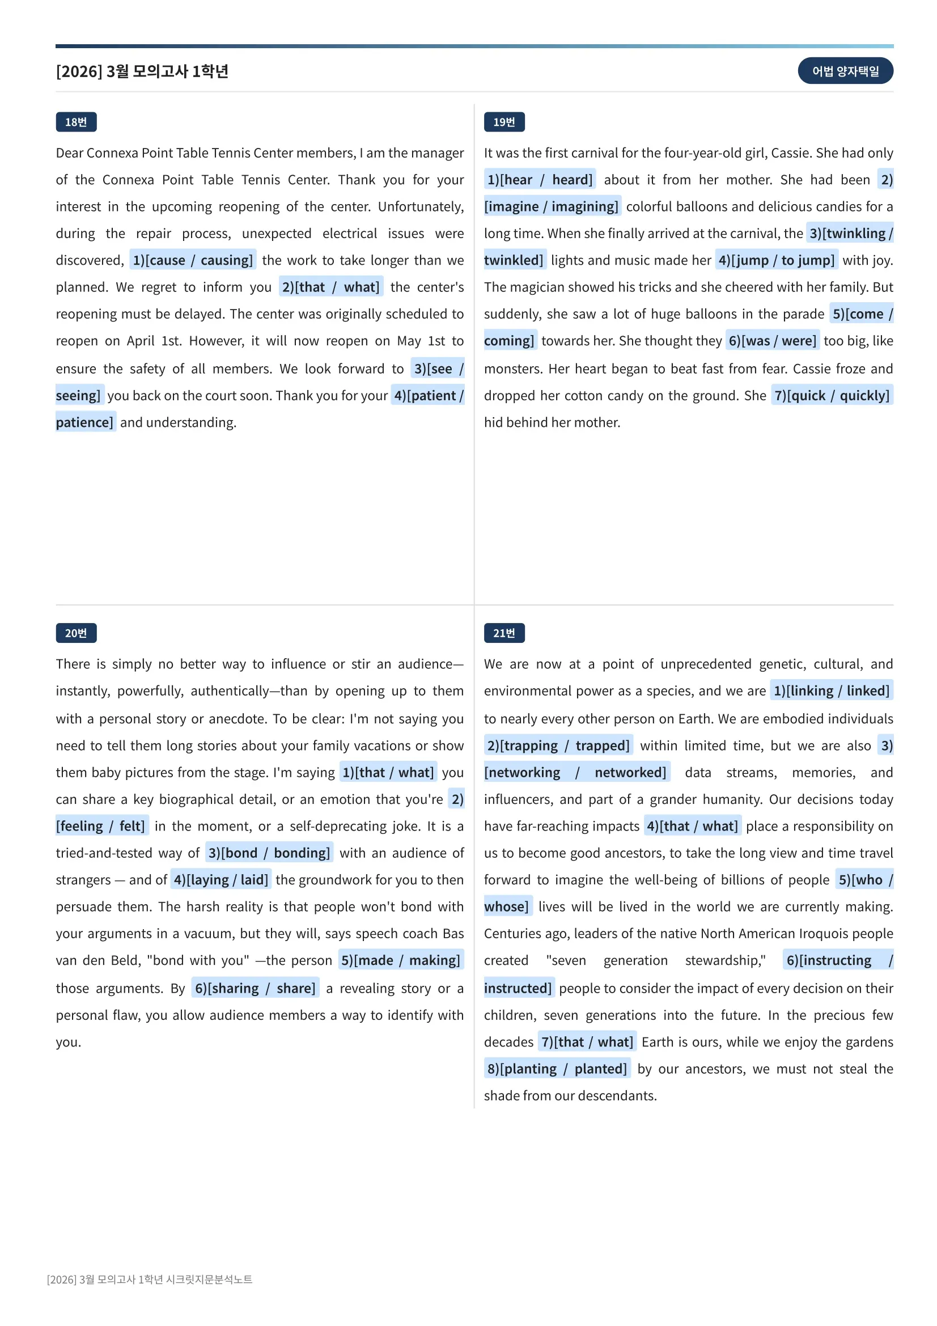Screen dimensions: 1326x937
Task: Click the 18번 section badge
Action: pyautogui.click(x=75, y=122)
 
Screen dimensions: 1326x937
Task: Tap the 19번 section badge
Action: pyautogui.click(x=503, y=122)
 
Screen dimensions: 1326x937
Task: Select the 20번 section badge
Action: pyautogui.click(x=75, y=633)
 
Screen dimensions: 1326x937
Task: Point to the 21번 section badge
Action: pyautogui.click(x=503, y=633)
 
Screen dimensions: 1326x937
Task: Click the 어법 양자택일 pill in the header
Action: pyautogui.click(x=845, y=71)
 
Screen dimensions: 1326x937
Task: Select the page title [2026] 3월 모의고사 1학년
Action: pyautogui.click(x=142, y=71)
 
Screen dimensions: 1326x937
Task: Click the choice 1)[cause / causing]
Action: pyautogui.click(x=193, y=260)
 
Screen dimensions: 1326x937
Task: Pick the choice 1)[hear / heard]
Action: pyautogui.click(x=539, y=180)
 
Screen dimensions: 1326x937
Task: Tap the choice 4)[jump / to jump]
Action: pyautogui.click(x=776, y=260)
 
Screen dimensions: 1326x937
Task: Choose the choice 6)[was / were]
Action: pyautogui.click(x=772, y=341)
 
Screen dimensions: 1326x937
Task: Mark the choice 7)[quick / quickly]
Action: pyautogui.click(x=832, y=396)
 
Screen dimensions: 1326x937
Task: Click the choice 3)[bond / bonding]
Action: pyautogui.click(x=269, y=853)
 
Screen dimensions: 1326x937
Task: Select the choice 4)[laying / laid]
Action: pyautogui.click(x=221, y=880)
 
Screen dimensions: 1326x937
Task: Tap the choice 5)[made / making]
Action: pyautogui.click(x=401, y=960)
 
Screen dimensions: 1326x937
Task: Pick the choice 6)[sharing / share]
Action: pyautogui.click(x=255, y=988)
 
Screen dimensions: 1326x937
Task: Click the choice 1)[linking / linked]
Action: pyautogui.click(x=831, y=690)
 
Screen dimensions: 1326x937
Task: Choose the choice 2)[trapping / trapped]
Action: pyautogui.click(x=558, y=745)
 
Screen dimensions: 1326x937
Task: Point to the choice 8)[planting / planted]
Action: pyautogui.click(x=557, y=1069)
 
